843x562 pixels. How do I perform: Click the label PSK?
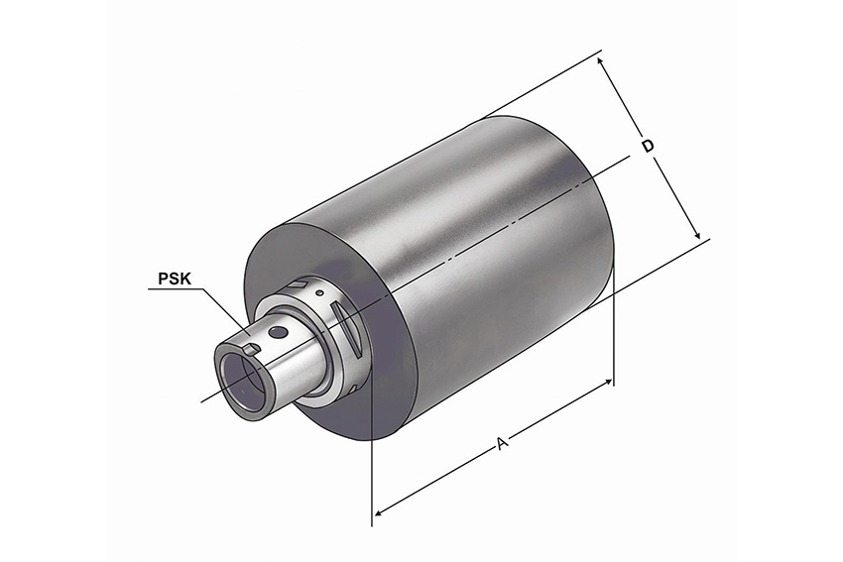175,279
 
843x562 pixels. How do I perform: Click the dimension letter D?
649,146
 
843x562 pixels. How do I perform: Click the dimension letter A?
502,444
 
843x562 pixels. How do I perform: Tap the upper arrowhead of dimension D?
602,61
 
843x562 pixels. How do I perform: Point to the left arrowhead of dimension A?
379,512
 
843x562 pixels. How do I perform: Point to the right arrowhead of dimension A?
607,383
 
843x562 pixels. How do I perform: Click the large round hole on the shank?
278,333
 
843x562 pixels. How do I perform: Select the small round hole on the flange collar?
320,292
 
